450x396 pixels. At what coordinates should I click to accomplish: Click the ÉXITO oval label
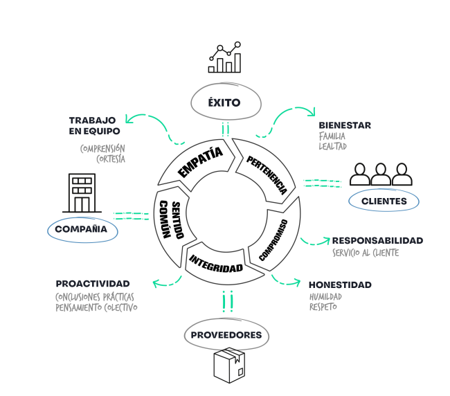tap(224, 103)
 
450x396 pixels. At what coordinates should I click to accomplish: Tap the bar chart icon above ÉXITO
tap(224, 58)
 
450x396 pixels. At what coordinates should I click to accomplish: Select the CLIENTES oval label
tap(384, 201)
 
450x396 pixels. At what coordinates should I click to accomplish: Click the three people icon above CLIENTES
tap(381, 174)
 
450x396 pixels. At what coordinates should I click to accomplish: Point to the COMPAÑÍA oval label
tap(82, 228)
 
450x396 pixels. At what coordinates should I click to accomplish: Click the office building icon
tap(81, 193)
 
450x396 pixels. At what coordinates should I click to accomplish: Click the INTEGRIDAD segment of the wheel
tap(216, 261)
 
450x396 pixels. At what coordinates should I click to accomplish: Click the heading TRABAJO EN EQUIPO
tap(94, 125)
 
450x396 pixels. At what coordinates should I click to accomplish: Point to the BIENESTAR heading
tap(345, 125)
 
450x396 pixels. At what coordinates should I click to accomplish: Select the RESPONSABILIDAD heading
tap(377, 241)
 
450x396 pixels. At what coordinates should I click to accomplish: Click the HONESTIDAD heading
tap(340, 285)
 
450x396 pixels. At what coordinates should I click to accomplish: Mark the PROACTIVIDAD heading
tap(92, 283)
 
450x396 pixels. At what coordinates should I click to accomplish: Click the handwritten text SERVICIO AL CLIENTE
tap(366, 253)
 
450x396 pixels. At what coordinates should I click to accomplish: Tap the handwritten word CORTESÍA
tap(111, 159)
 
